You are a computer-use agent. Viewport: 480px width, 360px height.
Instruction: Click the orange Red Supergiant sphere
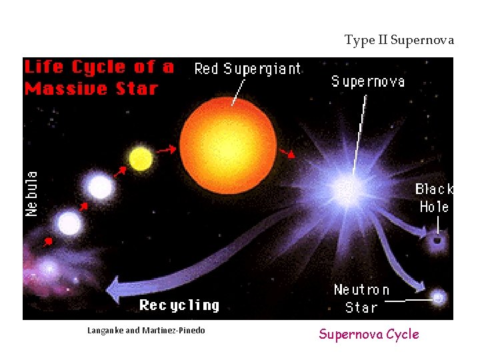[x=228, y=145]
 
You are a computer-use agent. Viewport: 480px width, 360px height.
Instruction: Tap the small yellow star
[x=141, y=159]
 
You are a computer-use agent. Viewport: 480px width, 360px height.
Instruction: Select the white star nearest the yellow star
[x=100, y=187]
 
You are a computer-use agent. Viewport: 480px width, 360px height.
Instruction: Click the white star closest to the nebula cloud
[x=68, y=224]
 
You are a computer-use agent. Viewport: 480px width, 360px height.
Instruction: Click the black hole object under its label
[x=437, y=240]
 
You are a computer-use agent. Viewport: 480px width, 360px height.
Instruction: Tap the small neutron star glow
[x=438, y=298]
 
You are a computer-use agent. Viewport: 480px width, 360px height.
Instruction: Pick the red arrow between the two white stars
[x=83, y=207]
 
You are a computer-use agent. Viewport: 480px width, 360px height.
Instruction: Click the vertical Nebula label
[x=31, y=193]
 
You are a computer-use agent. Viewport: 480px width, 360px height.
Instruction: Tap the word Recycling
[x=179, y=305]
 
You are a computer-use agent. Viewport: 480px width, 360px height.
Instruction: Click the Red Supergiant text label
[x=247, y=69]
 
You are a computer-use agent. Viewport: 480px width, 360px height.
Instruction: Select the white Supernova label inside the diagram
[x=367, y=81]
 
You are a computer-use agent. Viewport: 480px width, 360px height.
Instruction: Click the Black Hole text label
[x=434, y=198]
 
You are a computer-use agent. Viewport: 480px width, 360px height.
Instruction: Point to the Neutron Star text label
[x=361, y=299]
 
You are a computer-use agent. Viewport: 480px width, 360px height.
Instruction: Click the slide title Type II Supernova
[x=399, y=40]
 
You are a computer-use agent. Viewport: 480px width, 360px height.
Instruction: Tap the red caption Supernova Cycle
[x=369, y=334]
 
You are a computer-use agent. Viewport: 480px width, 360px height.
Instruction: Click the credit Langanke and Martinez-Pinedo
[x=146, y=331]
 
